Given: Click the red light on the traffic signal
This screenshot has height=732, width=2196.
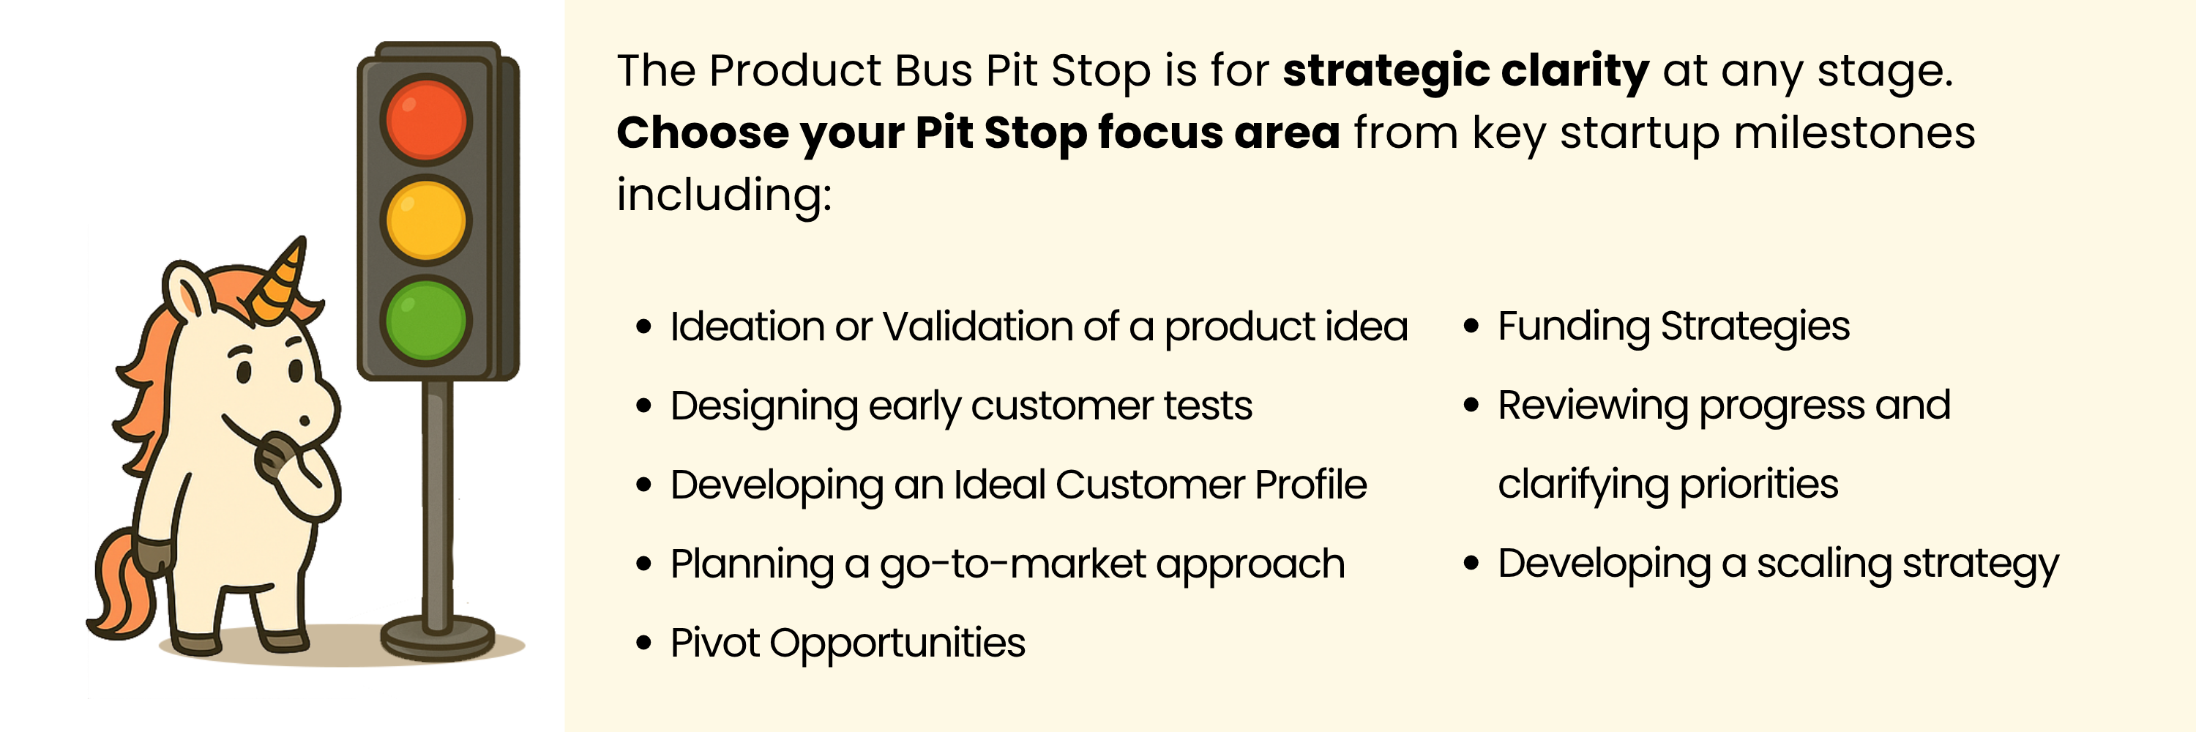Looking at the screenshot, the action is click(425, 119).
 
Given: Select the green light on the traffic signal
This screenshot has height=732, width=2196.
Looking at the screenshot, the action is click(425, 321).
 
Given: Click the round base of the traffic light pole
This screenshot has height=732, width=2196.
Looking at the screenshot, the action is click(437, 638).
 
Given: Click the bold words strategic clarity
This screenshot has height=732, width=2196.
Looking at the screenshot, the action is click(1465, 71).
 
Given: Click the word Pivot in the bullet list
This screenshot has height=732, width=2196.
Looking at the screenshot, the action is click(714, 643).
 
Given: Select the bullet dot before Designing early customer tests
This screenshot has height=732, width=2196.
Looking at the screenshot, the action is click(643, 406).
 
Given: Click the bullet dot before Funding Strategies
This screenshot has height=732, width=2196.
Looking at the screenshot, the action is click(1471, 326).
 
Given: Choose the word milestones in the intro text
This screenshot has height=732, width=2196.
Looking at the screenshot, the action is click(1853, 133).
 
